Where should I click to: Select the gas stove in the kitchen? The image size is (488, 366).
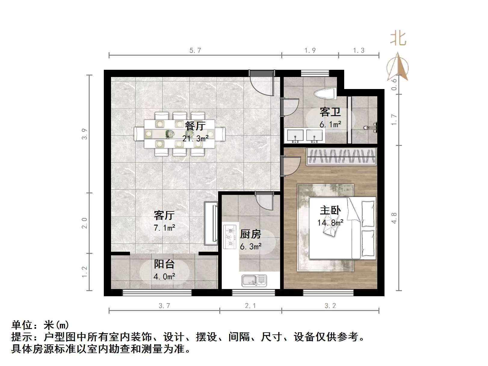pyautogui.click(x=230, y=237)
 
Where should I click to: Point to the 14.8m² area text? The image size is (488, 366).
pyautogui.click(x=330, y=223)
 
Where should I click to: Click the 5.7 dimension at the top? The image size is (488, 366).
pyautogui.click(x=195, y=50)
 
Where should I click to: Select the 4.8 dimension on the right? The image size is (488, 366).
pyautogui.click(x=394, y=218)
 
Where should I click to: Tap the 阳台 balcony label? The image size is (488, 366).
pyautogui.click(x=164, y=264)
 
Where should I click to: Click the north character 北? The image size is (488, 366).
pyautogui.click(x=398, y=39)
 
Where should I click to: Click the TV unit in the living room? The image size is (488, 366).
pyautogui.click(x=211, y=223)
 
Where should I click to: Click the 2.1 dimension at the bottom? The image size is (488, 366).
pyautogui.click(x=250, y=306)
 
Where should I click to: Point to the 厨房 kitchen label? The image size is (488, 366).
pyautogui.click(x=250, y=234)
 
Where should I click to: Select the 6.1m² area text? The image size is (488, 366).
pyautogui.click(x=330, y=124)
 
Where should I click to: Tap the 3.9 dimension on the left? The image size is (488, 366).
pyautogui.click(x=85, y=134)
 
